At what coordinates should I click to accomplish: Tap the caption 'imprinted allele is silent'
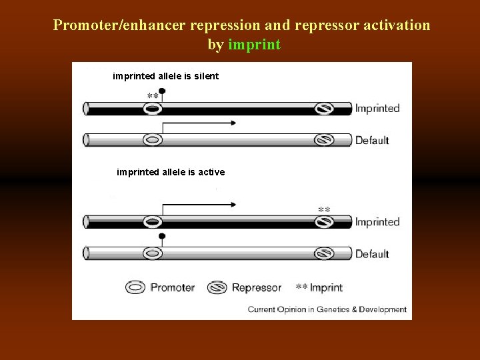165,77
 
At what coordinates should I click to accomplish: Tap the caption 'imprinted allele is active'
171,172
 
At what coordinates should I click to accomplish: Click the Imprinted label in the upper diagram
377,108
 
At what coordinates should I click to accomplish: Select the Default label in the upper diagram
372,141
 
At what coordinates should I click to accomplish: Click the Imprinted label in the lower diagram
377,222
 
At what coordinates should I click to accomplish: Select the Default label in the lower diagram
372,254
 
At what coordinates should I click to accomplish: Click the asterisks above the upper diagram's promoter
153,96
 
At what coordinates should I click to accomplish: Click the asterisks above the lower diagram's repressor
324,210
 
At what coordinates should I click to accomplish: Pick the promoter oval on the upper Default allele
153,140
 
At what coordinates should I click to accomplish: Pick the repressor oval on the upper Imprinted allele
324,108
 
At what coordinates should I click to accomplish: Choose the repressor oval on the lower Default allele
324,253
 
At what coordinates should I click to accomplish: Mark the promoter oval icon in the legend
136,288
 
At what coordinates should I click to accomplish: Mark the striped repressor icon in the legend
217,288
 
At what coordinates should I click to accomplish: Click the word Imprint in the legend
326,288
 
